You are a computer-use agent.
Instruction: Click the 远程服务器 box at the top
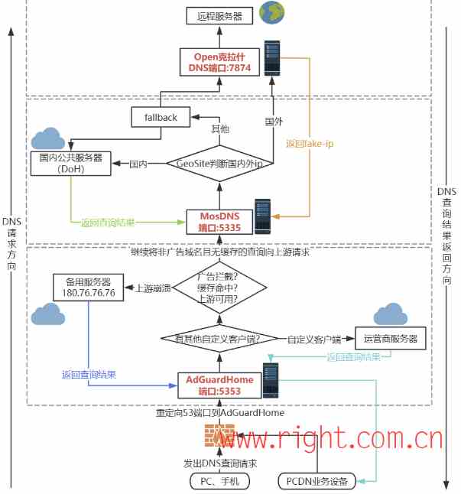[x=219, y=15]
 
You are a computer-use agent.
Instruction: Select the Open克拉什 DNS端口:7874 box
[x=219, y=62]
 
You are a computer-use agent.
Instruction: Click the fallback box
[x=160, y=118]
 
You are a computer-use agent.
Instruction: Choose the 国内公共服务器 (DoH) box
[x=70, y=163]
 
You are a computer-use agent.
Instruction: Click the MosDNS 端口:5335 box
[x=219, y=222]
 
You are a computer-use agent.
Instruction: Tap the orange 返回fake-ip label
[x=309, y=143]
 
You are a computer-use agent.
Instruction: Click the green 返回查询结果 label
[x=108, y=223]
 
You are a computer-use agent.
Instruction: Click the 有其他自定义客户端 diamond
[x=219, y=338]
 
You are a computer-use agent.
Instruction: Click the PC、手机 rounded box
[x=219, y=481]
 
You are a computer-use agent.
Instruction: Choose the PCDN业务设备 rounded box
[x=317, y=481]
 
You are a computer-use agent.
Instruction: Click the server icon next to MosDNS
[x=263, y=216]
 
